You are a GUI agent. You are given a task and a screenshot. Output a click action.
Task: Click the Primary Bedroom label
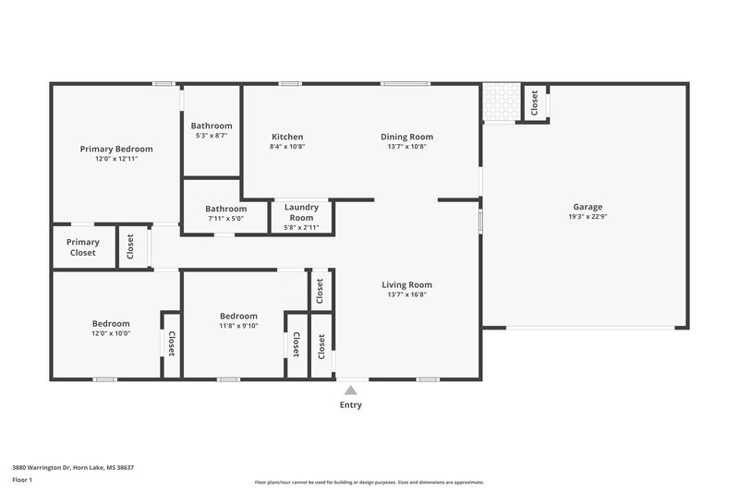tap(115, 149)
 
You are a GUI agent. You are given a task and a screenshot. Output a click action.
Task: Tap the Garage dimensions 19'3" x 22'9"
tap(588, 217)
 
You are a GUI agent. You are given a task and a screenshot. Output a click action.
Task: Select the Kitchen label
tap(287, 137)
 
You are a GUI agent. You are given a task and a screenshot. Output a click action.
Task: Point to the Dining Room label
tap(406, 137)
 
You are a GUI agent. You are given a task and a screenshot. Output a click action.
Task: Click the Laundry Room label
tap(301, 212)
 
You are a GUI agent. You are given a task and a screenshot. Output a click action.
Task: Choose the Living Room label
tap(406, 284)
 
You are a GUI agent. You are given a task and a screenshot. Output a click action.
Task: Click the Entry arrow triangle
tap(351, 390)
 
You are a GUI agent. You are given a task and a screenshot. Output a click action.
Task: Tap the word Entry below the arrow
tap(351, 405)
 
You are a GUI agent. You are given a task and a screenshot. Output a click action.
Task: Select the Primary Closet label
tap(82, 247)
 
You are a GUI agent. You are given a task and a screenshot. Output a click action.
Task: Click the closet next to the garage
tap(534, 102)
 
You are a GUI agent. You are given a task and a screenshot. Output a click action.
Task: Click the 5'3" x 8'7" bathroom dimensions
tap(212, 136)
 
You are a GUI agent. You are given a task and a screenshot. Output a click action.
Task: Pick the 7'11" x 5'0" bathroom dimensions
tap(225, 219)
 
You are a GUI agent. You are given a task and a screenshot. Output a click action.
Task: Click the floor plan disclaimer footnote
tap(369, 482)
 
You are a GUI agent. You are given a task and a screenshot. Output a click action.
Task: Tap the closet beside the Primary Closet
tap(130, 246)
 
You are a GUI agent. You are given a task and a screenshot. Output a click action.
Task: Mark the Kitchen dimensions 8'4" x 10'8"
tap(287, 146)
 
